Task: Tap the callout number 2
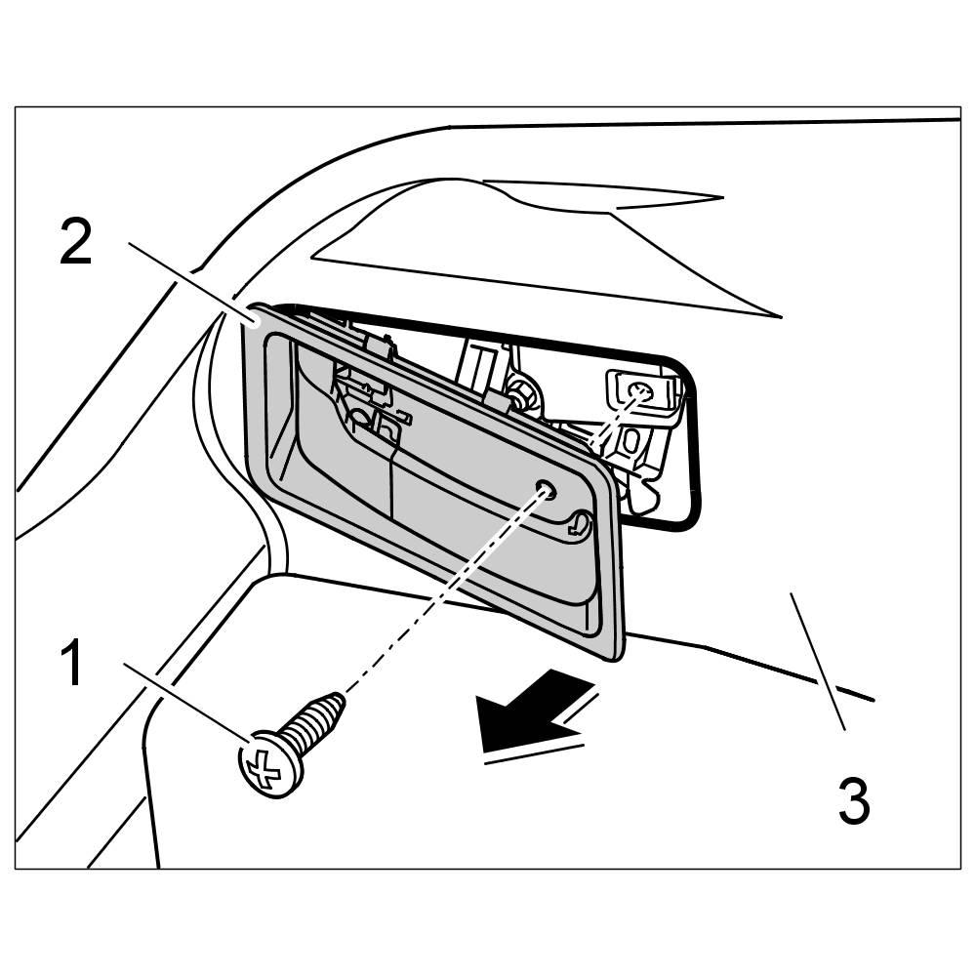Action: click(x=75, y=243)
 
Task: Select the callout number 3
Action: click(x=853, y=801)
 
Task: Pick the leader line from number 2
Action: click(x=185, y=283)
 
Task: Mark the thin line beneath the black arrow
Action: click(x=533, y=752)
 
